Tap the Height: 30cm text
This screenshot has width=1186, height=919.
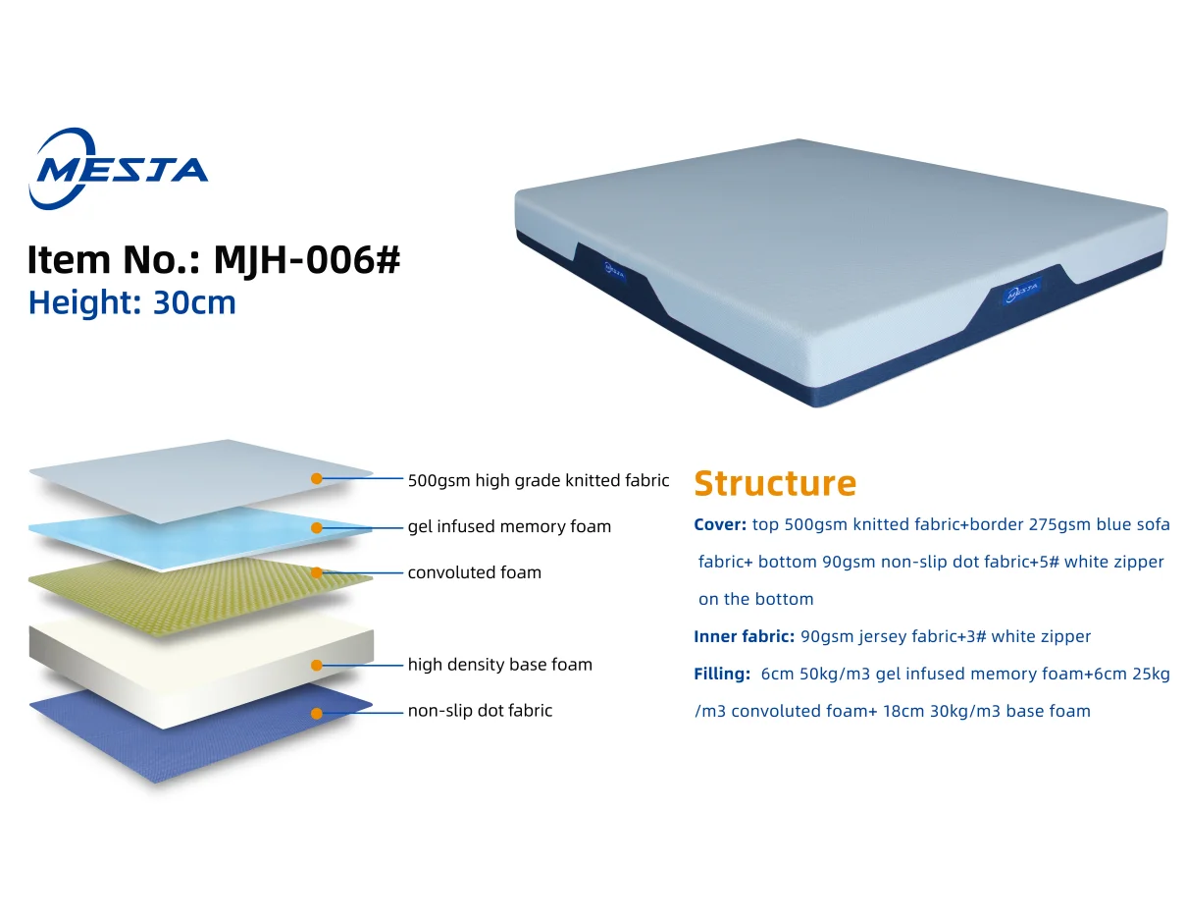click(x=132, y=302)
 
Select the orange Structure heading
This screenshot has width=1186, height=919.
click(x=774, y=483)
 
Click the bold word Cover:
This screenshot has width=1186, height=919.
click(x=720, y=524)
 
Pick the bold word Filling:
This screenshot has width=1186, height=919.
click(x=722, y=674)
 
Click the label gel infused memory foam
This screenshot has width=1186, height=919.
click(x=509, y=527)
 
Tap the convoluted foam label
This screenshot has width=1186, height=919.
click(x=474, y=572)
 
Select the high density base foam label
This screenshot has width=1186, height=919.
click(x=499, y=665)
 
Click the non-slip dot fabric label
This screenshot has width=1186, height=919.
click(x=480, y=711)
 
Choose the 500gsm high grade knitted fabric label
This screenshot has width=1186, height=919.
click(x=539, y=481)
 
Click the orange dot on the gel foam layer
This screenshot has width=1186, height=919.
click(x=317, y=527)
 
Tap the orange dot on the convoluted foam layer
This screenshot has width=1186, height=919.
click(x=317, y=572)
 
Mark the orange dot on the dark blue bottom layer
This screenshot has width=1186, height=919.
click(x=317, y=713)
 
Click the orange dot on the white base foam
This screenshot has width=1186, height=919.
click(x=317, y=665)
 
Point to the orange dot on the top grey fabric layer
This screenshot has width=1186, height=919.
click(x=317, y=479)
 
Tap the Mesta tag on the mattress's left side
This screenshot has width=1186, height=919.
click(x=614, y=269)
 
